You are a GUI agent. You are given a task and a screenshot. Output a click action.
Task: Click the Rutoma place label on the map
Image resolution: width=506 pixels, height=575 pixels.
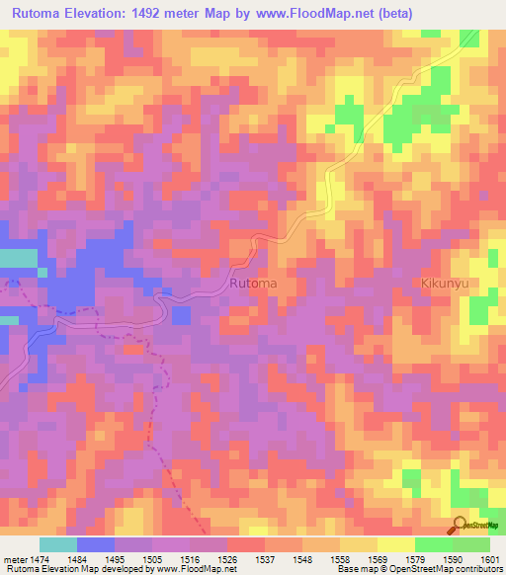click(252, 284)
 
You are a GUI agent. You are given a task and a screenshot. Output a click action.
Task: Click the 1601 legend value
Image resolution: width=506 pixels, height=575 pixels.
click(491, 559)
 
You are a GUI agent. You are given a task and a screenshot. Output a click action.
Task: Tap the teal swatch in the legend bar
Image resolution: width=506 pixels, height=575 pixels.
click(57, 544)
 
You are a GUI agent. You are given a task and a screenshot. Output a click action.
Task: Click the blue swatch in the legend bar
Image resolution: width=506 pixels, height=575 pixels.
click(95, 544)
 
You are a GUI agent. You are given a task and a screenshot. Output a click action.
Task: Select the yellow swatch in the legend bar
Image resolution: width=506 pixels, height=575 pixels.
click(396, 544)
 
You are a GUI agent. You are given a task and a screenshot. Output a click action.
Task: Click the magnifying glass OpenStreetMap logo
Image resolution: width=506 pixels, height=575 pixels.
click(460, 526)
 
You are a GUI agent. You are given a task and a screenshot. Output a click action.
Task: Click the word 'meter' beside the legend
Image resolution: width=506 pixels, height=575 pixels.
click(15, 559)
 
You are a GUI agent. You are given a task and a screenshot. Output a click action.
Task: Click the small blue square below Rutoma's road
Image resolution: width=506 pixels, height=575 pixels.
click(181, 315)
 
